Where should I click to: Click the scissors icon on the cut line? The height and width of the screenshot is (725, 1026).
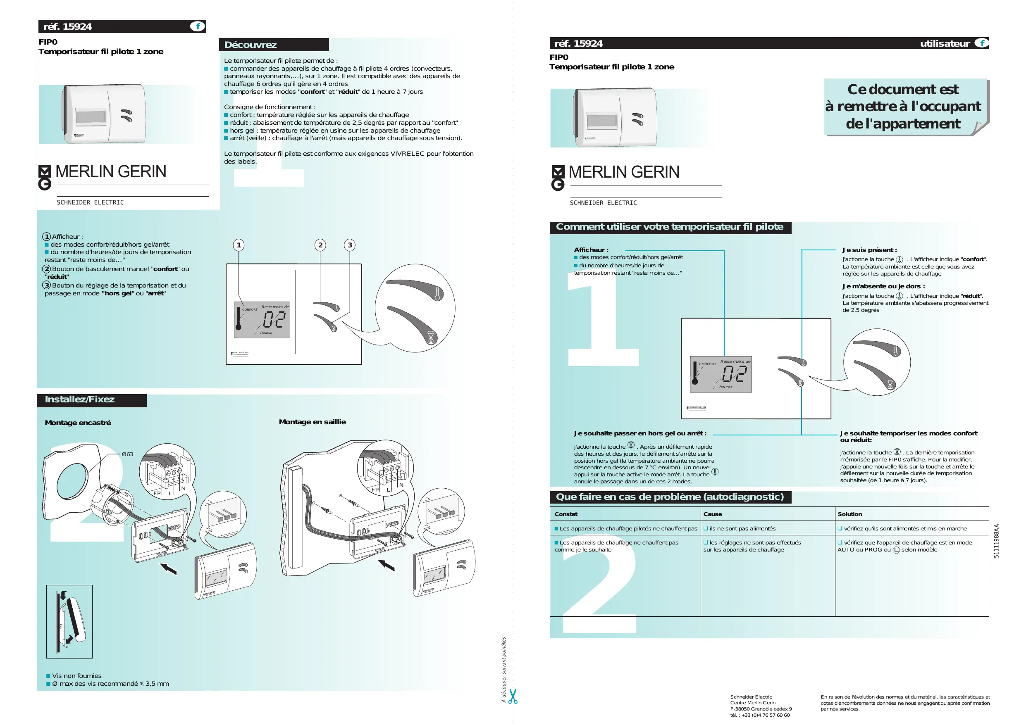point(513,696)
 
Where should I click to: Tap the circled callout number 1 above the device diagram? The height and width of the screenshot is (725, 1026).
point(239,245)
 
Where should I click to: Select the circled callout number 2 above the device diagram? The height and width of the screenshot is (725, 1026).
point(320,245)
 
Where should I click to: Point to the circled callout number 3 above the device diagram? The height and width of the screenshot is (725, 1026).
point(350,245)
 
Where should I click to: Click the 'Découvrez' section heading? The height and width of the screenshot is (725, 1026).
point(250,45)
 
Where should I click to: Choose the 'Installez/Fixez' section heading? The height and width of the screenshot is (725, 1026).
point(79,399)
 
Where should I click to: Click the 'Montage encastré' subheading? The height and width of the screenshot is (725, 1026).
point(78,423)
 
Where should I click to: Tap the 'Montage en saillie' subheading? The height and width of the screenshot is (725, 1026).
point(312,422)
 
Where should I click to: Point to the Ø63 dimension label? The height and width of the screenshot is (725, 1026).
point(127,454)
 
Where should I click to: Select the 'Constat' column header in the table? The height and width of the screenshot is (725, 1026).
point(566,514)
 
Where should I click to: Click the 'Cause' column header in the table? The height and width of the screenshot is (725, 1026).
point(712,514)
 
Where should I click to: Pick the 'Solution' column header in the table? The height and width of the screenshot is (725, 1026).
point(849,514)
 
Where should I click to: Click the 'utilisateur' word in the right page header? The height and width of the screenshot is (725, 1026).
point(945,43)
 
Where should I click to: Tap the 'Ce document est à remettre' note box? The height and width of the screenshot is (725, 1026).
point(903,106)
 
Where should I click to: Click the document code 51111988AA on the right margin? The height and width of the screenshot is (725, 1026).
point(996,540)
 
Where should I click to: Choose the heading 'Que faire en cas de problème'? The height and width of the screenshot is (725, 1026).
point(669,497)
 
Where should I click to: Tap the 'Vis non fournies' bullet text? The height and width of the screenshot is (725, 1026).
point(76,675)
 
